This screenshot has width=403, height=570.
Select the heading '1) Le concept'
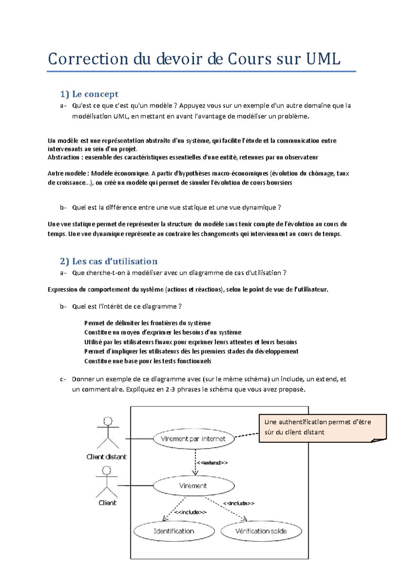[89, 94]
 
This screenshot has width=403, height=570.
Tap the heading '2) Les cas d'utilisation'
[108, 261]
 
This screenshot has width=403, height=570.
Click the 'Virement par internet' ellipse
[193, 439]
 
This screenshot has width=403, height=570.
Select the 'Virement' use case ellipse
[193, 486]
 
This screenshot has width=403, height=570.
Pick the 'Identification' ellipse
[174, 531]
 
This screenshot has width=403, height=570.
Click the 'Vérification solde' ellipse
[261, 531]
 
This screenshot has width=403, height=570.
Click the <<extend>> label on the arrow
[212, 463]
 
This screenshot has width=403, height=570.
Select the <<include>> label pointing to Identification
[190, 512]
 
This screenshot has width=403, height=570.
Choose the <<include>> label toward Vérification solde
[239, 503]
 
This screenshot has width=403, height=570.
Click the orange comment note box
[322, 427]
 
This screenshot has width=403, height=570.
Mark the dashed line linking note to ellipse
[247, 435]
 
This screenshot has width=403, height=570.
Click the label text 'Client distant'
[106, 457]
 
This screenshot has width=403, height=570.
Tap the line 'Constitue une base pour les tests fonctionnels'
[148, 361]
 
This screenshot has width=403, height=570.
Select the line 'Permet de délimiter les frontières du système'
[147, 323]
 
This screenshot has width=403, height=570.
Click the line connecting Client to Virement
[135, 486]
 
